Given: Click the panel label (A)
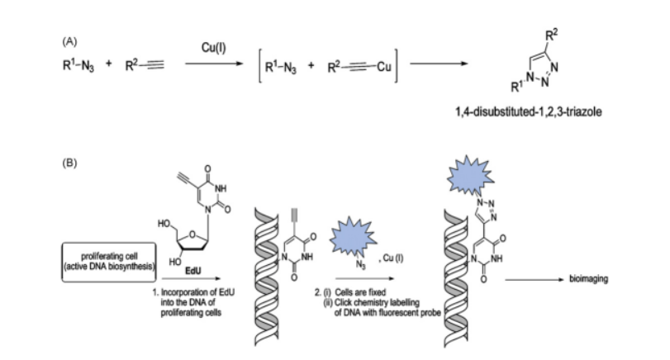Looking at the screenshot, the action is pyautogui.click(x=69, y=42).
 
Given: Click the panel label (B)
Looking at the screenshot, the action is pyautogui.click(x=69, y=163).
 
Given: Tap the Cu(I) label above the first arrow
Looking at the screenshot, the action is pyautogui.click(x=214, y=47).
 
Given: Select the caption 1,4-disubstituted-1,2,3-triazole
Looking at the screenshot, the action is pyautogui.click(x=529, y=112).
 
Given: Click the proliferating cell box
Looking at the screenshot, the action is pyautogui.click(x=109, y=262).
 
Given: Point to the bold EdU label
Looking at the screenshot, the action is pyautogui.click(x=193, y=271).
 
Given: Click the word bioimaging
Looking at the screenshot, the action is pyautogui.click(x=588, y=279).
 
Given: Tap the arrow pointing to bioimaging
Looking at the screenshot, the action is pyautogui.click(x=535, y=280).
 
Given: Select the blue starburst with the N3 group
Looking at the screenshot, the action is pyautogui.click(x=353, y=236).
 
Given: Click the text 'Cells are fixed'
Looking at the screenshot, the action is pyautogui.click(x=360, y=292).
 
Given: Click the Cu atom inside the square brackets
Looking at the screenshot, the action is pyautogui.click(x=383, y=67).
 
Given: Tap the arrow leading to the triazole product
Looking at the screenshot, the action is pyautogui.click(x=439, y=64).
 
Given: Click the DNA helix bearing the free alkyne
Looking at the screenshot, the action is pyautogui.click(x=266, y=277).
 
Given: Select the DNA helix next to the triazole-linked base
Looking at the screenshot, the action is pyautogui.click(x=455, y=278).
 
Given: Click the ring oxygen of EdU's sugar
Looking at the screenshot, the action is pyautogui.click(x=192, y=234).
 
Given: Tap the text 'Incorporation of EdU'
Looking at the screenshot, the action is pyautogui.click(x=197, y=292).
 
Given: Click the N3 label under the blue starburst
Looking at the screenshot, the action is pyautogui.click(x=361, y=265).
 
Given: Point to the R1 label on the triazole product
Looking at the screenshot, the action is pyautogui.click(x=516, y=87).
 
